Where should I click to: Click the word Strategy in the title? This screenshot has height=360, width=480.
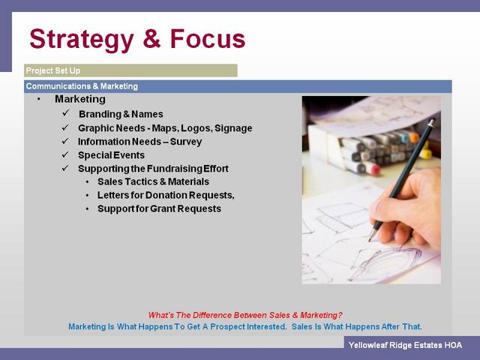pos(82,40)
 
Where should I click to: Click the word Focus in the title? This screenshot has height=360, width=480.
pos(208,38)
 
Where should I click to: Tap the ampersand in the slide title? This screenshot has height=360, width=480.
pos(151,38)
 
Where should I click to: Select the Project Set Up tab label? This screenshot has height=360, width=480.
pos(53,70)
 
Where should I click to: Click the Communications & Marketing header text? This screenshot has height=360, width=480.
pos(82,86)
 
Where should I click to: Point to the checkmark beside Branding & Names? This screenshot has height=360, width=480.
pos(66,113)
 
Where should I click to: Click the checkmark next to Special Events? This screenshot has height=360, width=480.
pos(65,154)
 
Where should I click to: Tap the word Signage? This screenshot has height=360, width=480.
pos(233,128)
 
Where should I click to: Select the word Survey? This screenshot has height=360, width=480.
pos(186,142)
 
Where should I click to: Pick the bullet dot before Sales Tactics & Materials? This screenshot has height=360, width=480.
pos(88,182)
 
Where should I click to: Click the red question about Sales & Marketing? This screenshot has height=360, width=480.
pos(245,315)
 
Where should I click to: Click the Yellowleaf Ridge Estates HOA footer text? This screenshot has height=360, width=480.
pos(405,345)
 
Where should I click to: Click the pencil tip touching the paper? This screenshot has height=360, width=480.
pos(370,240)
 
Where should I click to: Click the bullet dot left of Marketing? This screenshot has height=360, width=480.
pos(38,99)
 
